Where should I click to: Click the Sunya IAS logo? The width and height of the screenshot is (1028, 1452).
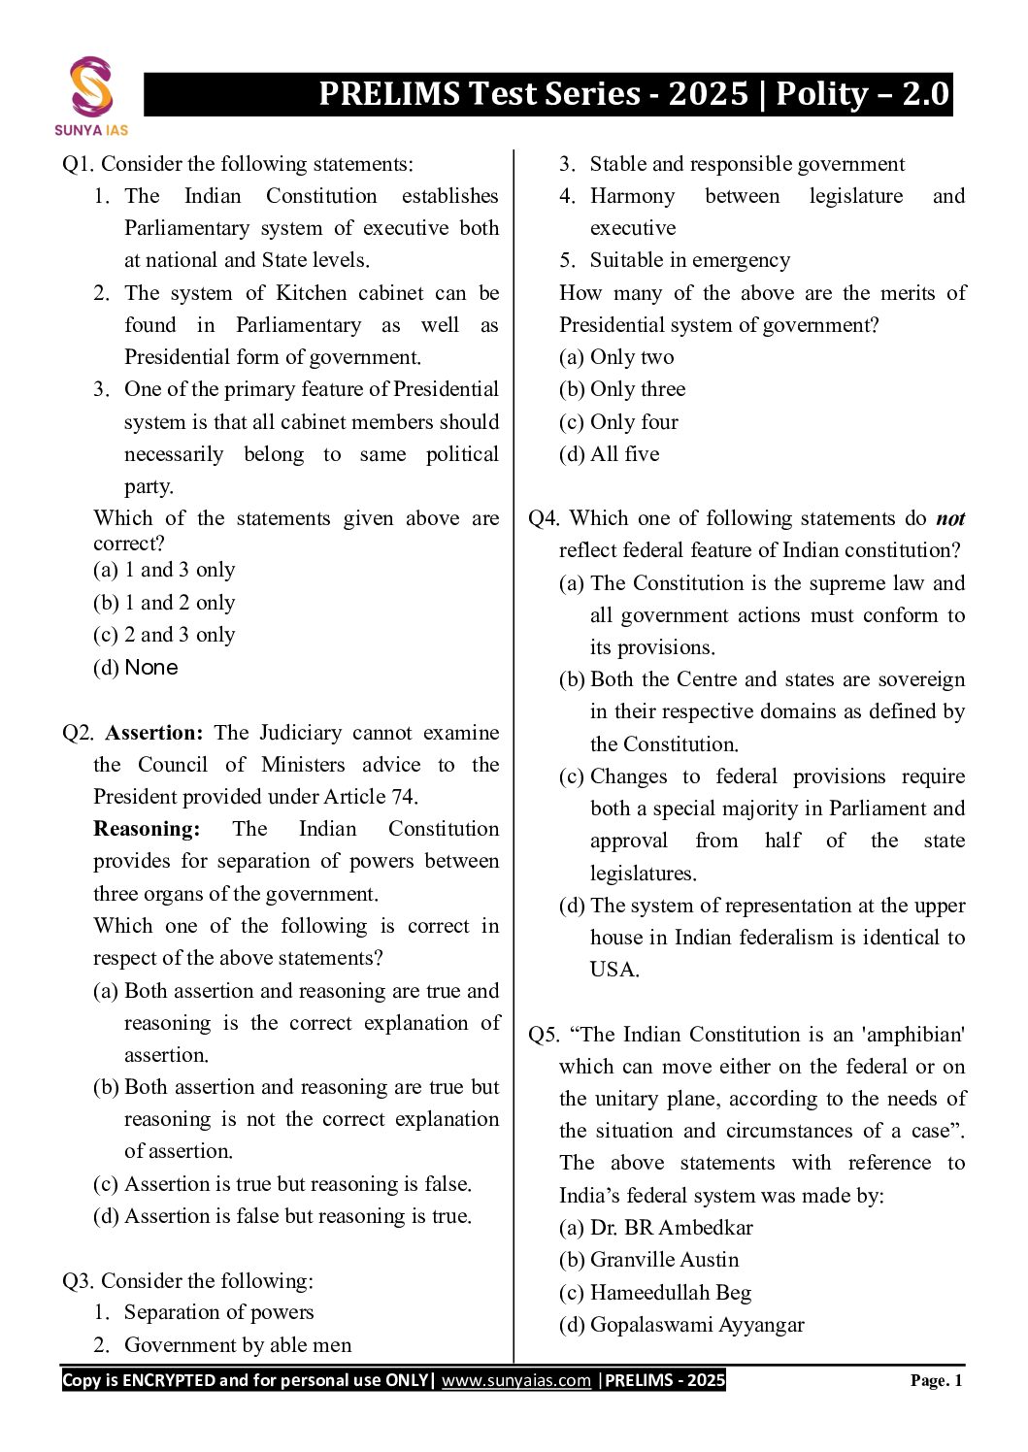pyautogui.click(x=91, y=95)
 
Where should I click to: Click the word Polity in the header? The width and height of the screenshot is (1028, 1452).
pyautogui.click(x=822, y=94)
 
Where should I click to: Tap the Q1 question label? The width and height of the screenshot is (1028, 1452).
pyautogui.click(x=78, y=164)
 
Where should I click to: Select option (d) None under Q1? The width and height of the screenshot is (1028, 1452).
pyautogui.click(x=136, y=668)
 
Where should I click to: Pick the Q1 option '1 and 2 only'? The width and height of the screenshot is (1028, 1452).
pyautogui.click(x=164, y=603)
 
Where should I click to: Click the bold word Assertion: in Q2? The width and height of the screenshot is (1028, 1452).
pyautogui.click(x=153, y=733)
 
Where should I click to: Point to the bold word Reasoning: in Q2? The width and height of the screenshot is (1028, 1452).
pyautogui.click(x=147, y=829)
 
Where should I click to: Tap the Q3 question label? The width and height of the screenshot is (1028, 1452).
pyautogui.click(x=78, y=1281)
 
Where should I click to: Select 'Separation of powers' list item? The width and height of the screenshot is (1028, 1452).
pyautogui.click(x=218, y=1312)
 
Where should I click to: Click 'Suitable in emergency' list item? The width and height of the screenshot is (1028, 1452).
pyautogui.click(x=689, y=260)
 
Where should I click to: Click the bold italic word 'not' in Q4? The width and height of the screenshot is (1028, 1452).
pyautogui.click(x=950, y=518)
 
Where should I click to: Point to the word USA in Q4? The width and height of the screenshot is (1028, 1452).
pyautogui.click(x=613, y=970)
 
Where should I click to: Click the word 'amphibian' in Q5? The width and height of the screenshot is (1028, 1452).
pyautogui.click(x=914, y=1035)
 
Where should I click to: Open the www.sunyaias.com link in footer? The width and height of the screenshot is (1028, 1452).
pyautogui.click(x=515, y=1380)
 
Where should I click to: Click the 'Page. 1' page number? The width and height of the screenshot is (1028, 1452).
pyautogui.click(x=936, y=1380)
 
